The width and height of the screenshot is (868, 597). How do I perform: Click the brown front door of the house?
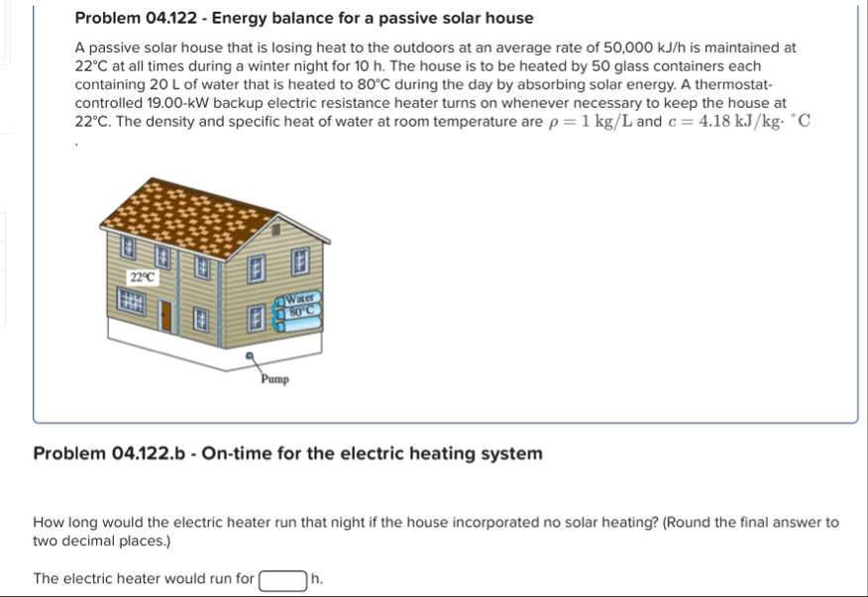[166, 316]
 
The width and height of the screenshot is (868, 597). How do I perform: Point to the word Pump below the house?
[274, 378]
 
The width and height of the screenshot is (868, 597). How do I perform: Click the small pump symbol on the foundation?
[251, 352]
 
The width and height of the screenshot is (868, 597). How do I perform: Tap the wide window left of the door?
[134, 300]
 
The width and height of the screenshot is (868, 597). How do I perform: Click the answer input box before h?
[282, 579]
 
